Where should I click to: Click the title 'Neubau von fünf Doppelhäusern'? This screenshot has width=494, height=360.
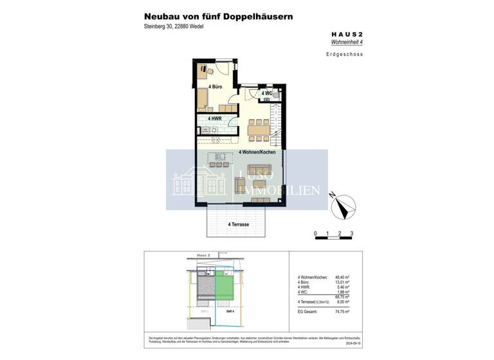[219, 16]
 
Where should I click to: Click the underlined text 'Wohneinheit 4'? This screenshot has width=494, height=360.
[346, 42]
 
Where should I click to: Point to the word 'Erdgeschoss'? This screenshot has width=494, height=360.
[344, 55]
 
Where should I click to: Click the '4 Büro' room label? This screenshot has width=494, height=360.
[215, 85]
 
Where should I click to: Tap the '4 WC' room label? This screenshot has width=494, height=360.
[266, 94]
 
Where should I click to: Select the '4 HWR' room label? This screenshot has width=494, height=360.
[215, 119]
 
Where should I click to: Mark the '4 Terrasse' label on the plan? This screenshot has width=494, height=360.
[238, 224]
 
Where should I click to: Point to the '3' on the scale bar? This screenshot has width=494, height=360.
[352, 233]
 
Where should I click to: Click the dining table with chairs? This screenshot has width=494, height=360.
[259, 129]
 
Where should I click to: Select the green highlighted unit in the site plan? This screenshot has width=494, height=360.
[224, 285]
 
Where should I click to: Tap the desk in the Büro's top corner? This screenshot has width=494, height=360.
[203, 69]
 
